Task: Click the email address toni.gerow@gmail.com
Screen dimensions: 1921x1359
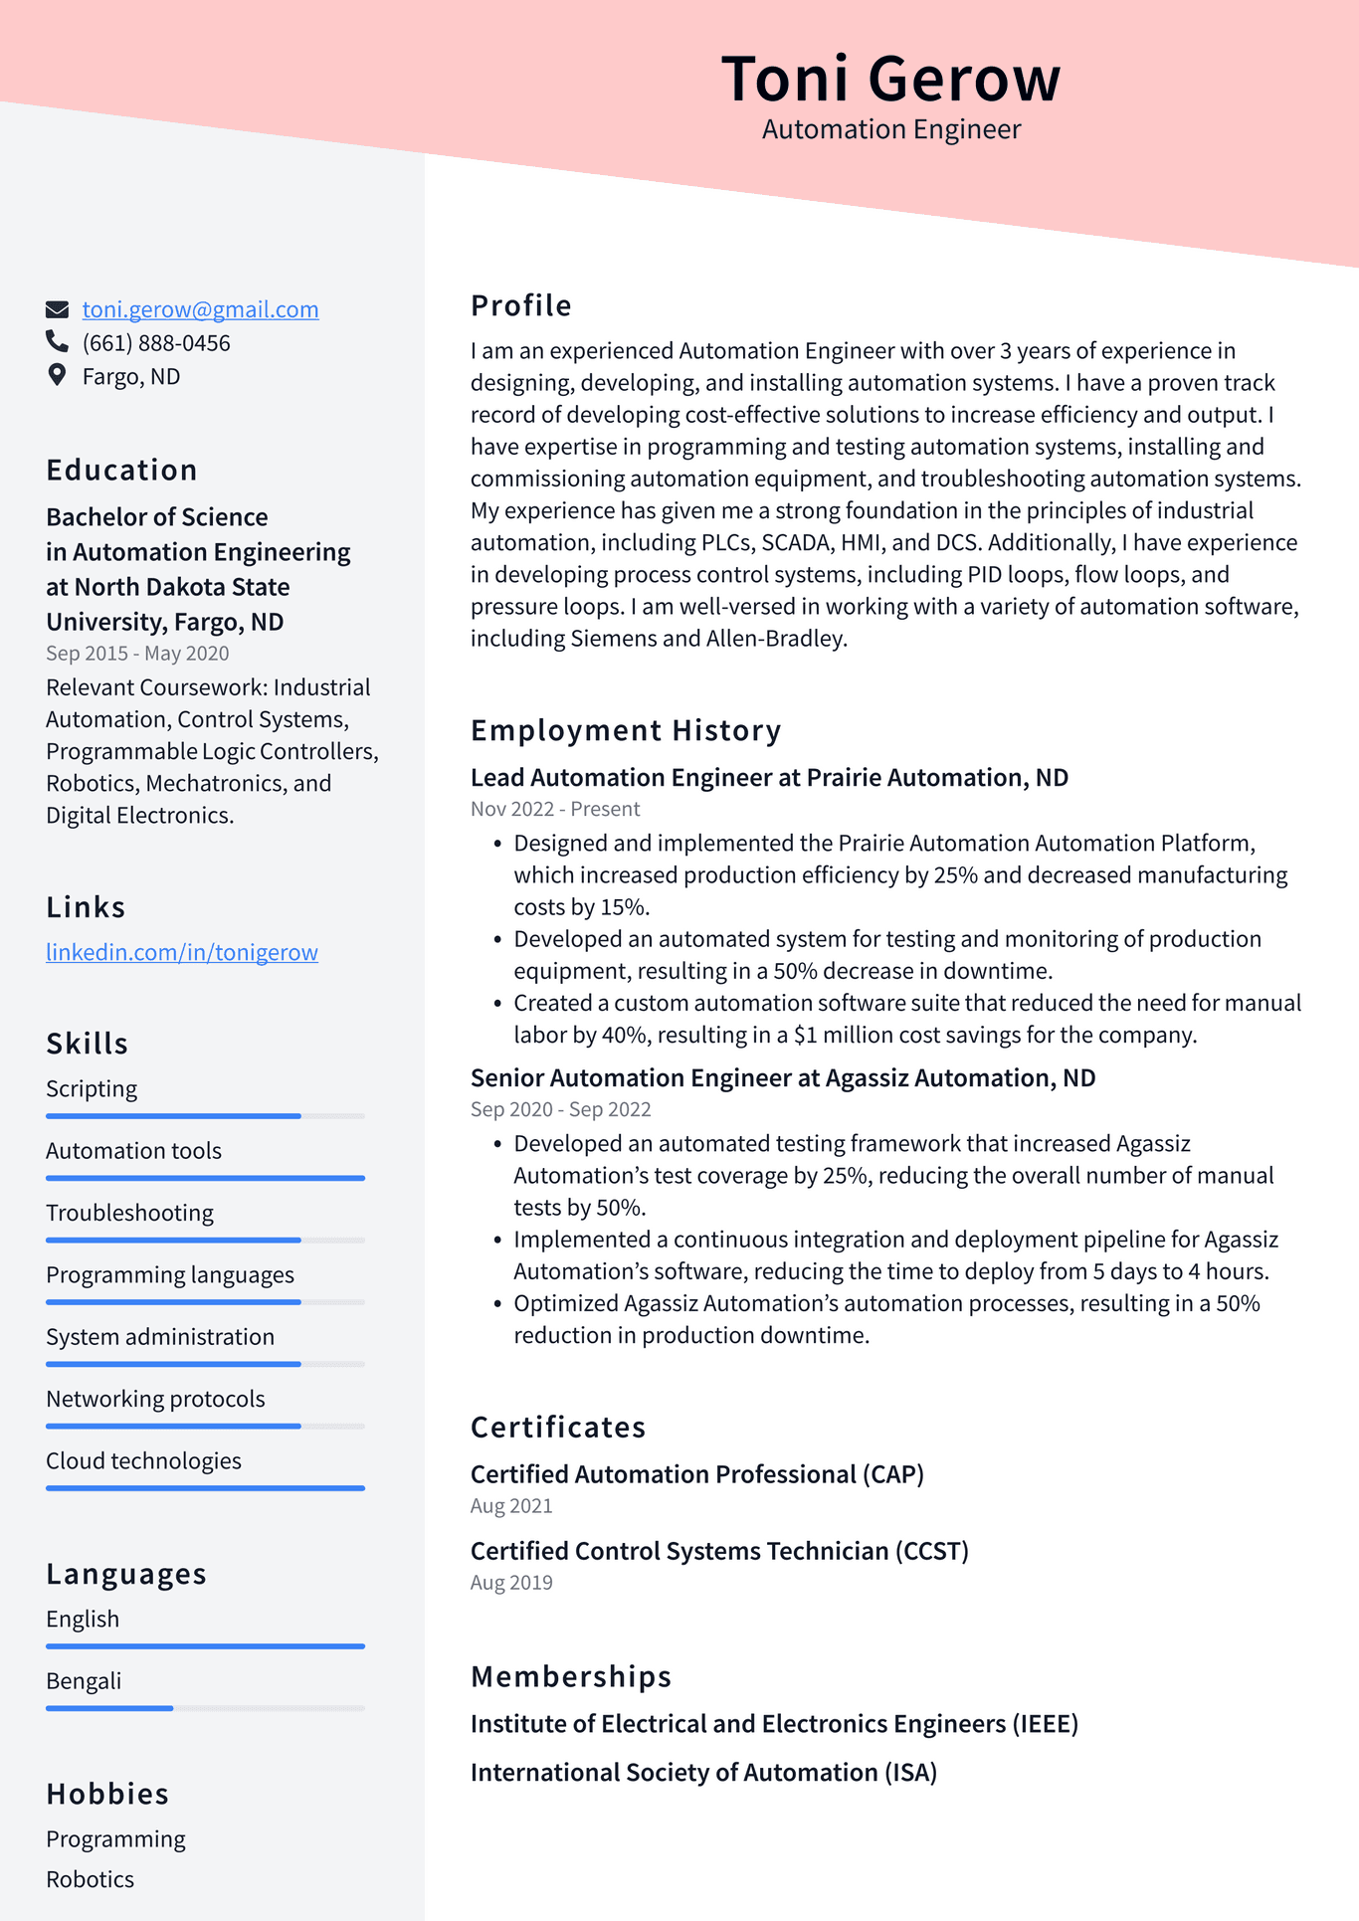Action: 200,309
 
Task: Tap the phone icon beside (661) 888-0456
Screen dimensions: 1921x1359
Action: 57,342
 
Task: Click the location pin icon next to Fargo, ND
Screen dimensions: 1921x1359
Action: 57,376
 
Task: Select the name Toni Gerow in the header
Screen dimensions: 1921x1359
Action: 890,79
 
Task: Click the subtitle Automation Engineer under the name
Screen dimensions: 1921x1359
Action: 890,129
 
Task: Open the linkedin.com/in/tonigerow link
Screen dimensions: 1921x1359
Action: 182,952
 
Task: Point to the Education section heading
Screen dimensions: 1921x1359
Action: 121,470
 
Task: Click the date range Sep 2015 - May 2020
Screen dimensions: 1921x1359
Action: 137,654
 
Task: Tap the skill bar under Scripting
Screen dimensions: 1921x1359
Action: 205,1116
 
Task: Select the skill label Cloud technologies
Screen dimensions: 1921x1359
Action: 143,1460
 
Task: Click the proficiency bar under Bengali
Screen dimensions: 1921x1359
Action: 205,1708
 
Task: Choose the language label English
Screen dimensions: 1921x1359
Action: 83,1619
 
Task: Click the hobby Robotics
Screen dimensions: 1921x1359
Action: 90,1879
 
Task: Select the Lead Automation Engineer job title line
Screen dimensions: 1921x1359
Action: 769,777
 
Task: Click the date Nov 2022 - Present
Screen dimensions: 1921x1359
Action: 555,809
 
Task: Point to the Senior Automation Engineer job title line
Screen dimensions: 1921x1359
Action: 783,1077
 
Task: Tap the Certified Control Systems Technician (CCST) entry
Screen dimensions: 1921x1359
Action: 719,1551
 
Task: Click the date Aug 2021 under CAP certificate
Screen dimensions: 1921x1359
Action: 511,1506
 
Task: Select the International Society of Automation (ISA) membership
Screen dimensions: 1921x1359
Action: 703,1772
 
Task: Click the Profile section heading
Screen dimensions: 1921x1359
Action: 521,305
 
